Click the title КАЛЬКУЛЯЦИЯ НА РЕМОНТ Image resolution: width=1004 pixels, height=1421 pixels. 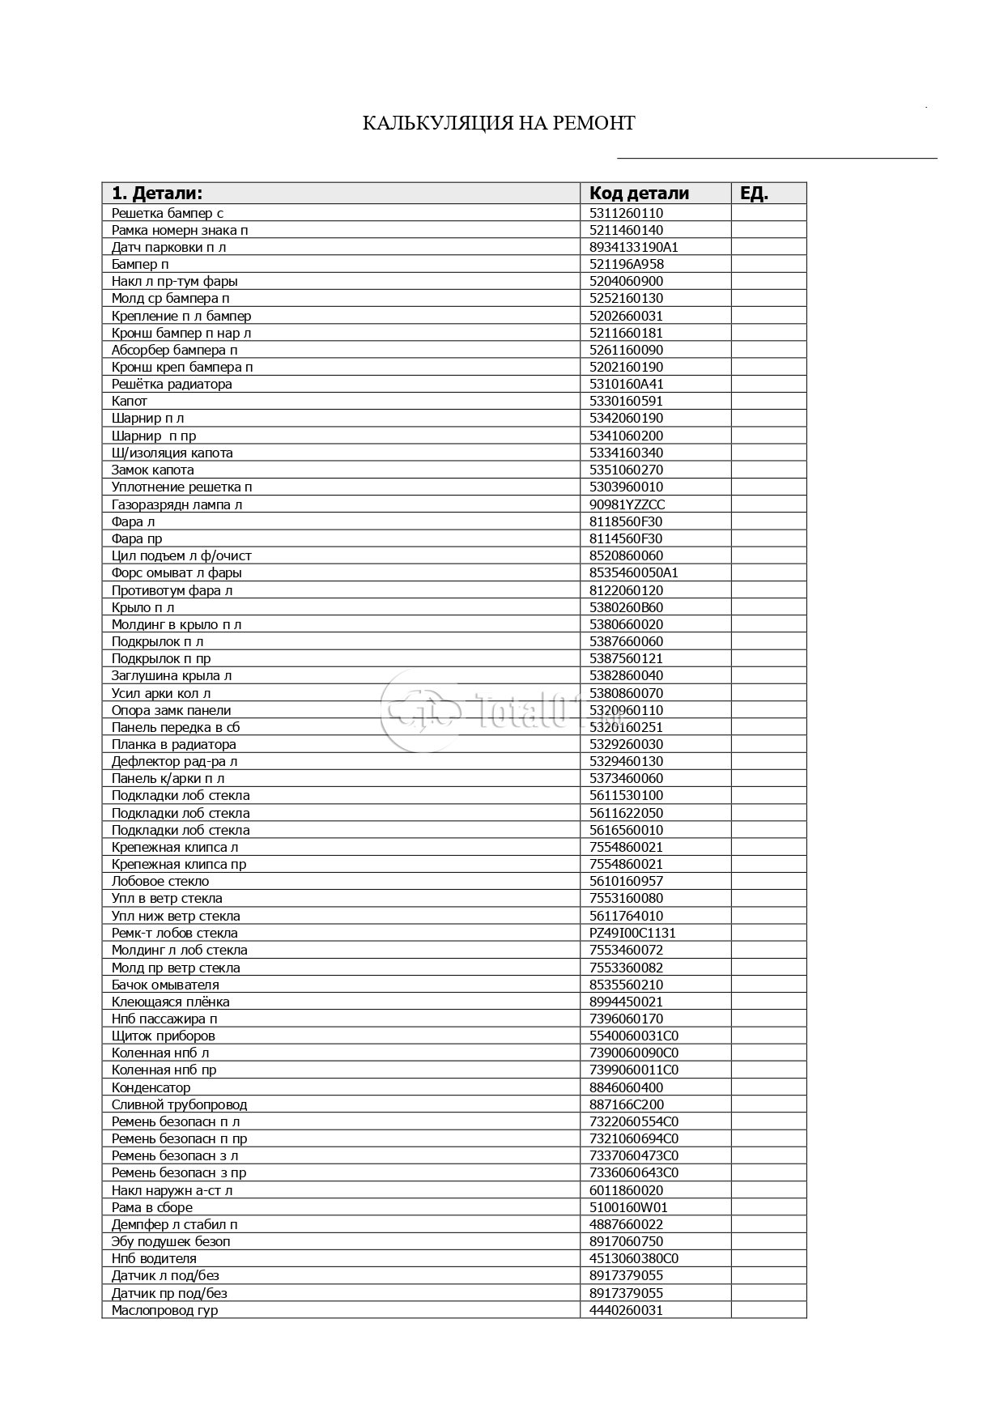tap(498, 123)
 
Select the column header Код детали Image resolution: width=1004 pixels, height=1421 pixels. tap(639, 194)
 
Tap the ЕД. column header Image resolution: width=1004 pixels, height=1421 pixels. tap(754, 194)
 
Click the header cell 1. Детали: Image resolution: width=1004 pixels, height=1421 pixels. tap(157, 194)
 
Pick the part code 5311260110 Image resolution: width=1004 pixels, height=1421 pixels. tap(626, 214)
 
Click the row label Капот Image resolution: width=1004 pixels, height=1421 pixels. tap(130, 402)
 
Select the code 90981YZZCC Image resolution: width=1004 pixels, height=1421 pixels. tap(627, 504)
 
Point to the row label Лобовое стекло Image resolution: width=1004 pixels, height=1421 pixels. tap(160, 882)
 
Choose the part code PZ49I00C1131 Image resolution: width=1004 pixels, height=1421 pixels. tap(632, 933)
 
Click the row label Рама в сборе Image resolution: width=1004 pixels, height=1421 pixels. tap(152, 1207)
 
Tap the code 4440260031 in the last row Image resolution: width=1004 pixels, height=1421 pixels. tap(626, 1310)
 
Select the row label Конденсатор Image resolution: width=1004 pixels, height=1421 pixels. tap(151, 1087)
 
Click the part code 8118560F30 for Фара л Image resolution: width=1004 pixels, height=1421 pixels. tap(625, 521)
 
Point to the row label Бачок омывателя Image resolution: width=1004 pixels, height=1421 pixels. tap(165, 985)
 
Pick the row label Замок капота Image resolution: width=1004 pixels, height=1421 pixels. tap(153, 470)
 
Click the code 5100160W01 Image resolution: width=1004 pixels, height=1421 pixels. tap(628, 1207)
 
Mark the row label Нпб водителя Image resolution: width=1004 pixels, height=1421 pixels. tap(154, 1258)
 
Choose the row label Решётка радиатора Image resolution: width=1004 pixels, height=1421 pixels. tap(172, 385)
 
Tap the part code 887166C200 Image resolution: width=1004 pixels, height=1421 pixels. tap(626, 1104)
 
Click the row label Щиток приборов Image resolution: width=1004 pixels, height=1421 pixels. tap(164, 1036)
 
